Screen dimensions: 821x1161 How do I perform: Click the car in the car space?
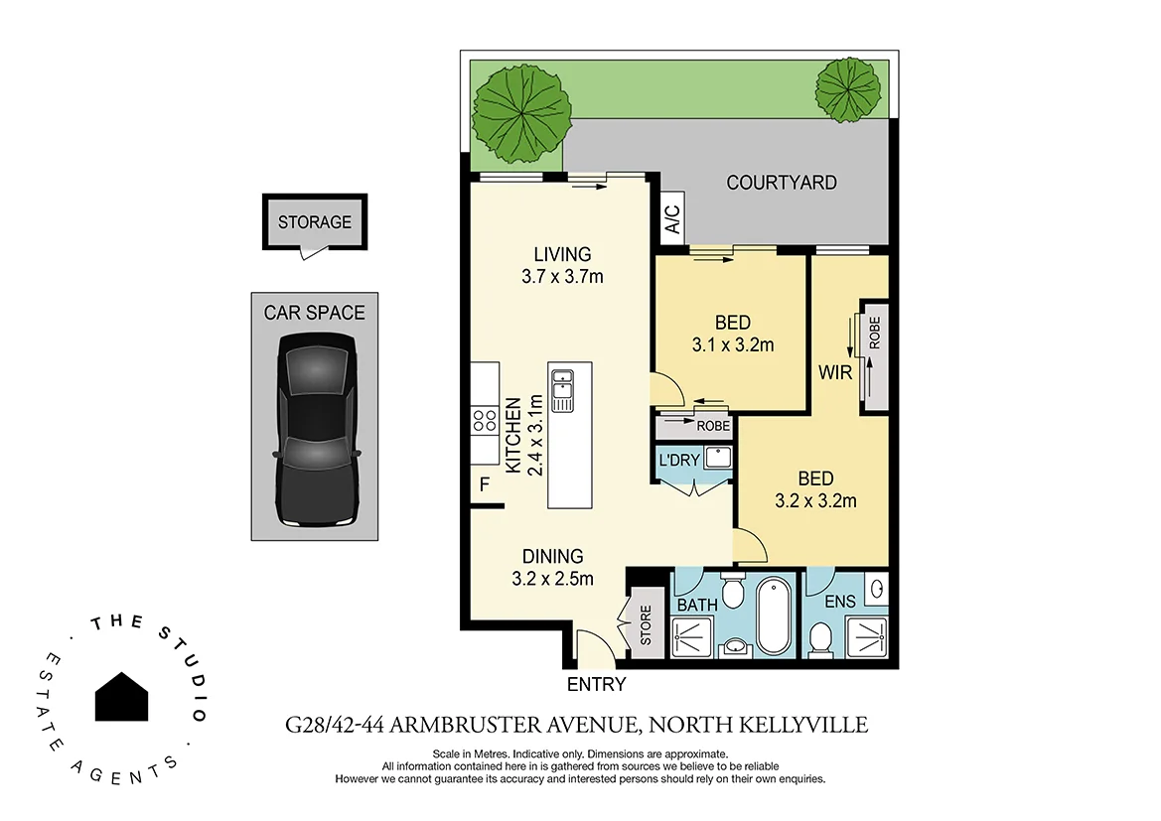click(316, 429)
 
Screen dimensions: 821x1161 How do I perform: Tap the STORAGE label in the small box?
click(314, 222)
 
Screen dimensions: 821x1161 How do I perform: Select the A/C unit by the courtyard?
click(672, 218)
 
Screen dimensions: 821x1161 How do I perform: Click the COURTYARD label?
click(781, 183)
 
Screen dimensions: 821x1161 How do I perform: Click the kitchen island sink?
click(562, 390)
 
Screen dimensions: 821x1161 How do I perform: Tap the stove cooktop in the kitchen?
click(485, 421)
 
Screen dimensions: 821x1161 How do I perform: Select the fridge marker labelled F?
click(485, 485)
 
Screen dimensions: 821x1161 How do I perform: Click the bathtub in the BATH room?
click(773, 616)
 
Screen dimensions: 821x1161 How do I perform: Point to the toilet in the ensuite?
click(820, 637)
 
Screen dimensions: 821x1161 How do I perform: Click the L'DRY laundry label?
click(677, 461)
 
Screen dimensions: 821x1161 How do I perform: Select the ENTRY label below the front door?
click(596, 684)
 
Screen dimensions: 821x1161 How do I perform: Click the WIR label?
click(832, 373)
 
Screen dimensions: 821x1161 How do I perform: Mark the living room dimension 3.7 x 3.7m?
click(562, 277)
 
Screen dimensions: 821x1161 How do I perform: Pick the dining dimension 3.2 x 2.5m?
click(553, 578)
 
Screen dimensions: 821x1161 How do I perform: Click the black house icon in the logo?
click(122, 696)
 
